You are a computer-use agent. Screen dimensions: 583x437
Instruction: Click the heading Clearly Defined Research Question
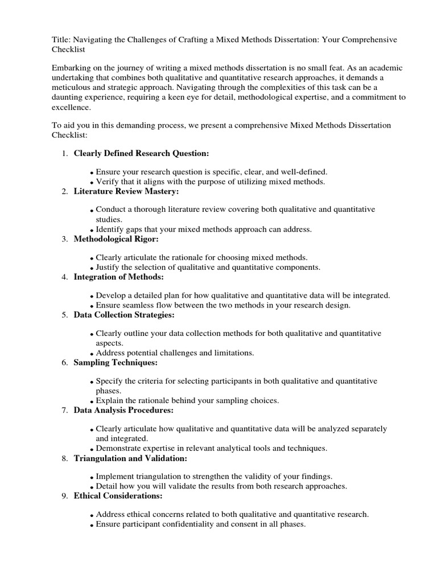(x=142, y=154)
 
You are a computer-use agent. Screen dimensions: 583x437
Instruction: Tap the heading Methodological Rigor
(x=116, y=239)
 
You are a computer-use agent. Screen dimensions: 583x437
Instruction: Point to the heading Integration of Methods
(x=118, y=277)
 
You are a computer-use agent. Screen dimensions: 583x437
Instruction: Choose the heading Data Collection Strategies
(x=124, y=315)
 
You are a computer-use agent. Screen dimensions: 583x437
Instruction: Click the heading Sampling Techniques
(x=116, y=362)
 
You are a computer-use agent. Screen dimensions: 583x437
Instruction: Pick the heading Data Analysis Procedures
(x=123, y=410)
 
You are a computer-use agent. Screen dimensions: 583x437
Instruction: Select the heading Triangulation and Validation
(x=130, y=458)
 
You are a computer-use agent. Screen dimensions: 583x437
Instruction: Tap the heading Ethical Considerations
(x=118, y=496)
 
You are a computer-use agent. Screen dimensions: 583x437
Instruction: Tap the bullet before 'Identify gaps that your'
(x=92, y=231)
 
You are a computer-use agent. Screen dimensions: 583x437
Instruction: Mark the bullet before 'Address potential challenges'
(x=92, y=354)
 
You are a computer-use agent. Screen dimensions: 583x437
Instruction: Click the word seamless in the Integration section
(x=139, y=305)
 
